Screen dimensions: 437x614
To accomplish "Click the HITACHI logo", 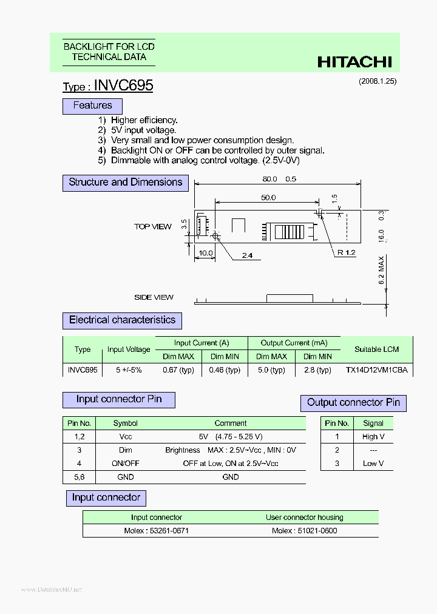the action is pos(355,62).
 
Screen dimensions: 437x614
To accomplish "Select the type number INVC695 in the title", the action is pos(124,86).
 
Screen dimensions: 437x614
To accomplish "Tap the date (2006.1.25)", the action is pos(377,81).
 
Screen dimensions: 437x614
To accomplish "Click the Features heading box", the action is pos(92,106).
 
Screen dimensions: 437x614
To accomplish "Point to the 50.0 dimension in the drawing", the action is pos(268,198).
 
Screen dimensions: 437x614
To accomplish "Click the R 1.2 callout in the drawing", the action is pos(347,252).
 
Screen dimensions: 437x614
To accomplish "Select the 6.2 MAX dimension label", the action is pos(382,271).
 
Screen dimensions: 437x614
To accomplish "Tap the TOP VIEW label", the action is pos(153,226).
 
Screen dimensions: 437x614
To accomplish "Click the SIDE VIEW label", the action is pos(154,297).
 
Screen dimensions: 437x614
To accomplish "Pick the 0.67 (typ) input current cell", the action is pos(178,370).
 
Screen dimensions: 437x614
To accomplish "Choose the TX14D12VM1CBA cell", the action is pos(376,370).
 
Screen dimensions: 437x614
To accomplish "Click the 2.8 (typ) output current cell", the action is pos(317,370).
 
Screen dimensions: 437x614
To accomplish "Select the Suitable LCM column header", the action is pos(376,349).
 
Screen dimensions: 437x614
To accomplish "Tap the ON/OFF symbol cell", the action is pos(126,464).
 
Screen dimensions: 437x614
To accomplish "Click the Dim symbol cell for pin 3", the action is pos(126,450).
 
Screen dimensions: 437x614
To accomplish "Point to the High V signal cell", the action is pos(373,437).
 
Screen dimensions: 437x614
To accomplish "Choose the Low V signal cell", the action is pos(373,464).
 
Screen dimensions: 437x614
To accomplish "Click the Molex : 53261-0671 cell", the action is pos(157,531).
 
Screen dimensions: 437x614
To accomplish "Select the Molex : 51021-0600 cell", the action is pos(304,531).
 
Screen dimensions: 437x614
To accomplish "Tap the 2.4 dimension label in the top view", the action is pos(247,255).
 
